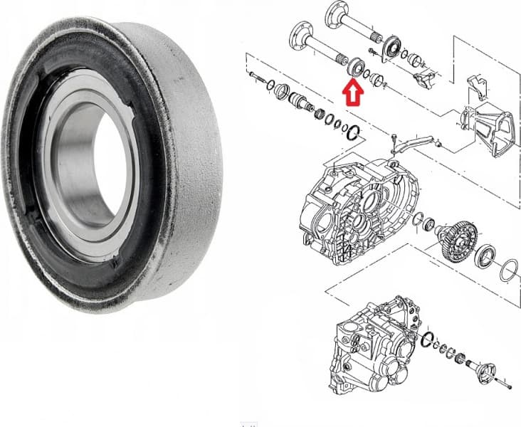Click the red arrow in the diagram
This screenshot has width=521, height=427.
[x=353, y=92]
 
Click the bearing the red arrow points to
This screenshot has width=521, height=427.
[x=353, y=69]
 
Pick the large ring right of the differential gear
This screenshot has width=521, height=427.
[x=507, y=271]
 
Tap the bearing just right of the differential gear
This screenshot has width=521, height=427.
[x=486, y=255]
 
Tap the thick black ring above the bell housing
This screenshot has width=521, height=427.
[x=355, y=131]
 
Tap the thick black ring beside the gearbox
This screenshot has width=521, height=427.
[x=427, y=341]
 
